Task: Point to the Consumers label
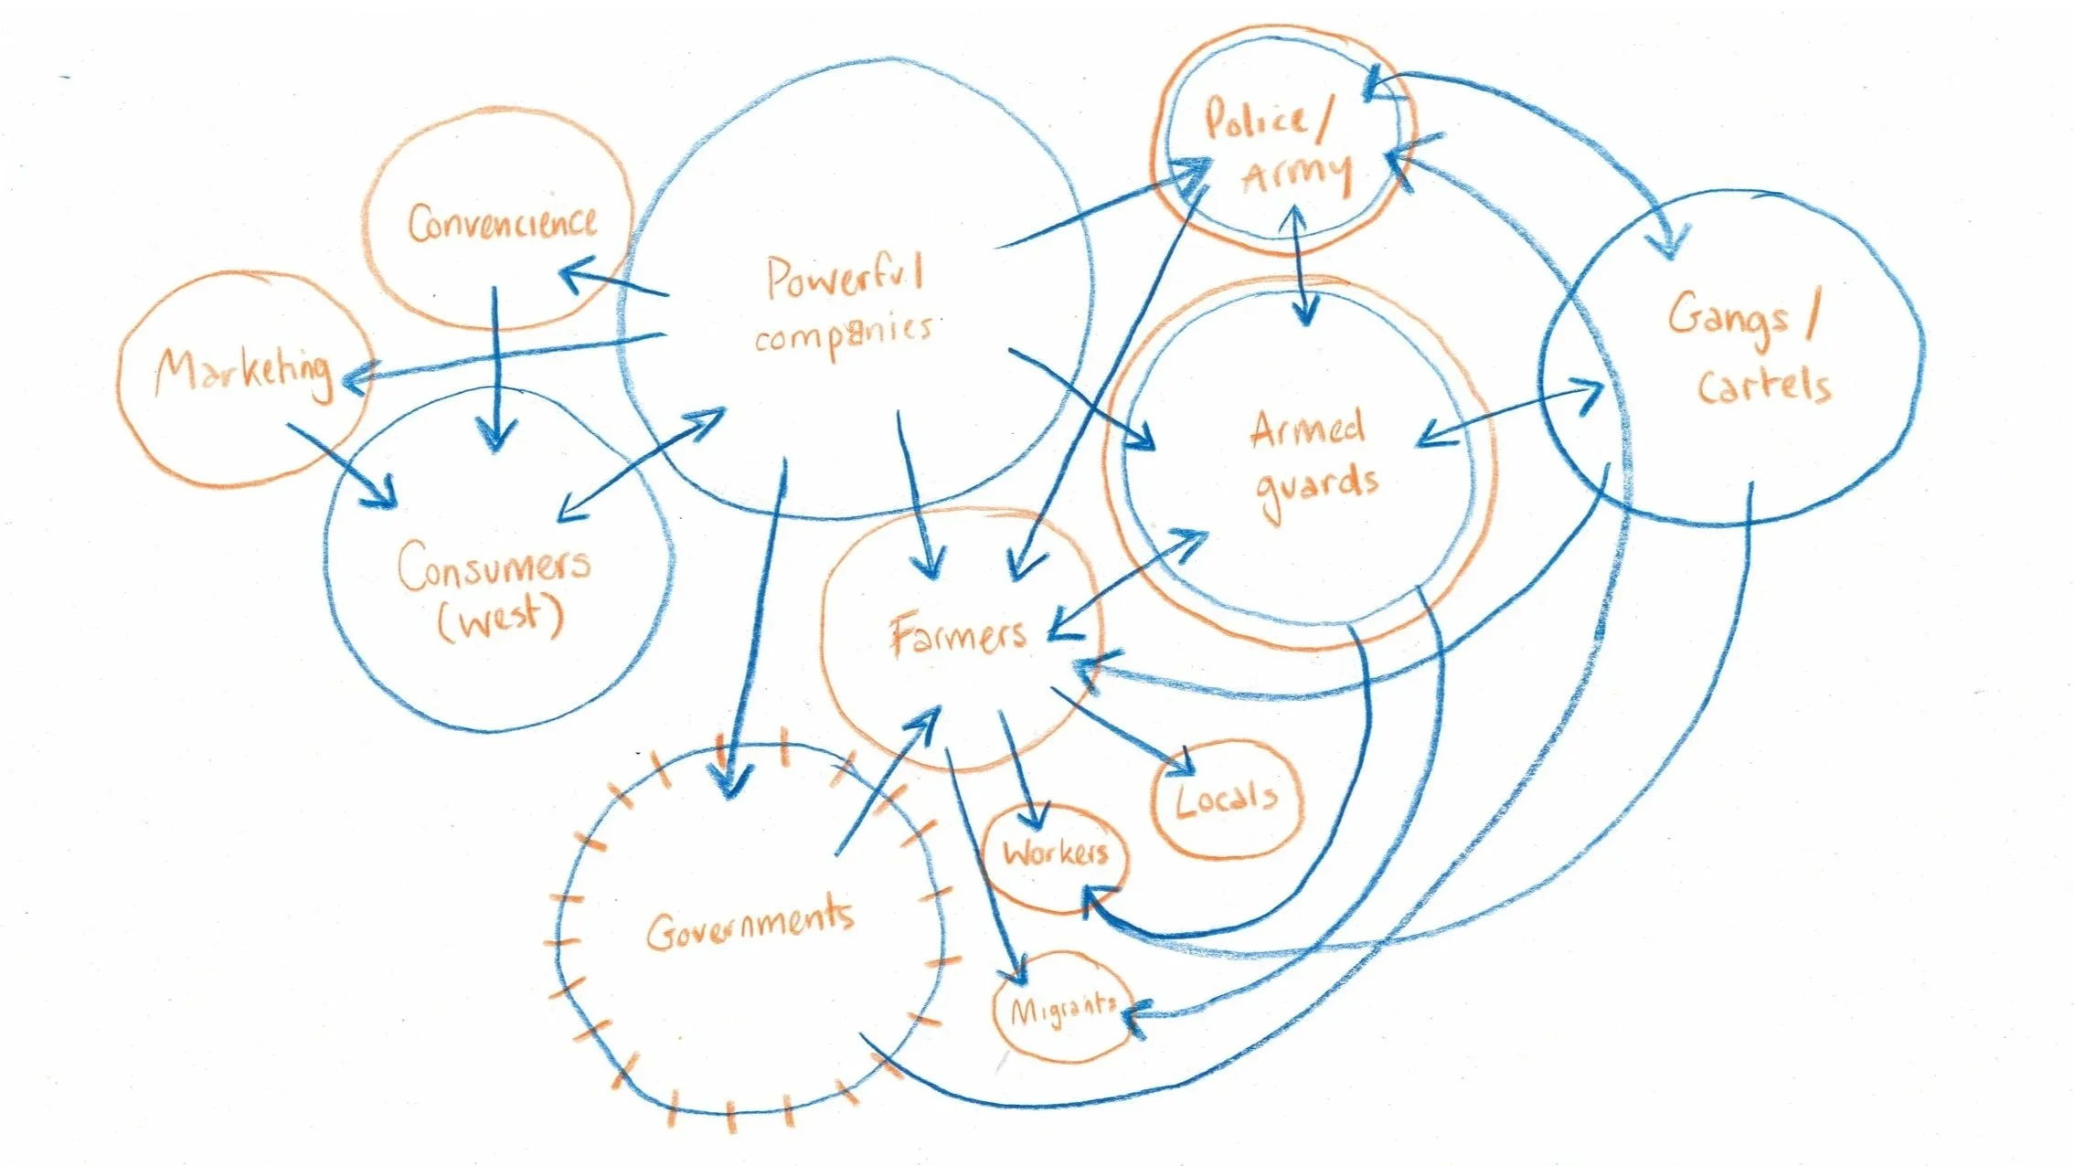[x=494, y=566]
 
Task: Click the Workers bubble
[x=1055, y=853]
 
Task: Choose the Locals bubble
[x=1226, y=800]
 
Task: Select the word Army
[x=1297, y=173]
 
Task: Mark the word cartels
[x=1764, y=385]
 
